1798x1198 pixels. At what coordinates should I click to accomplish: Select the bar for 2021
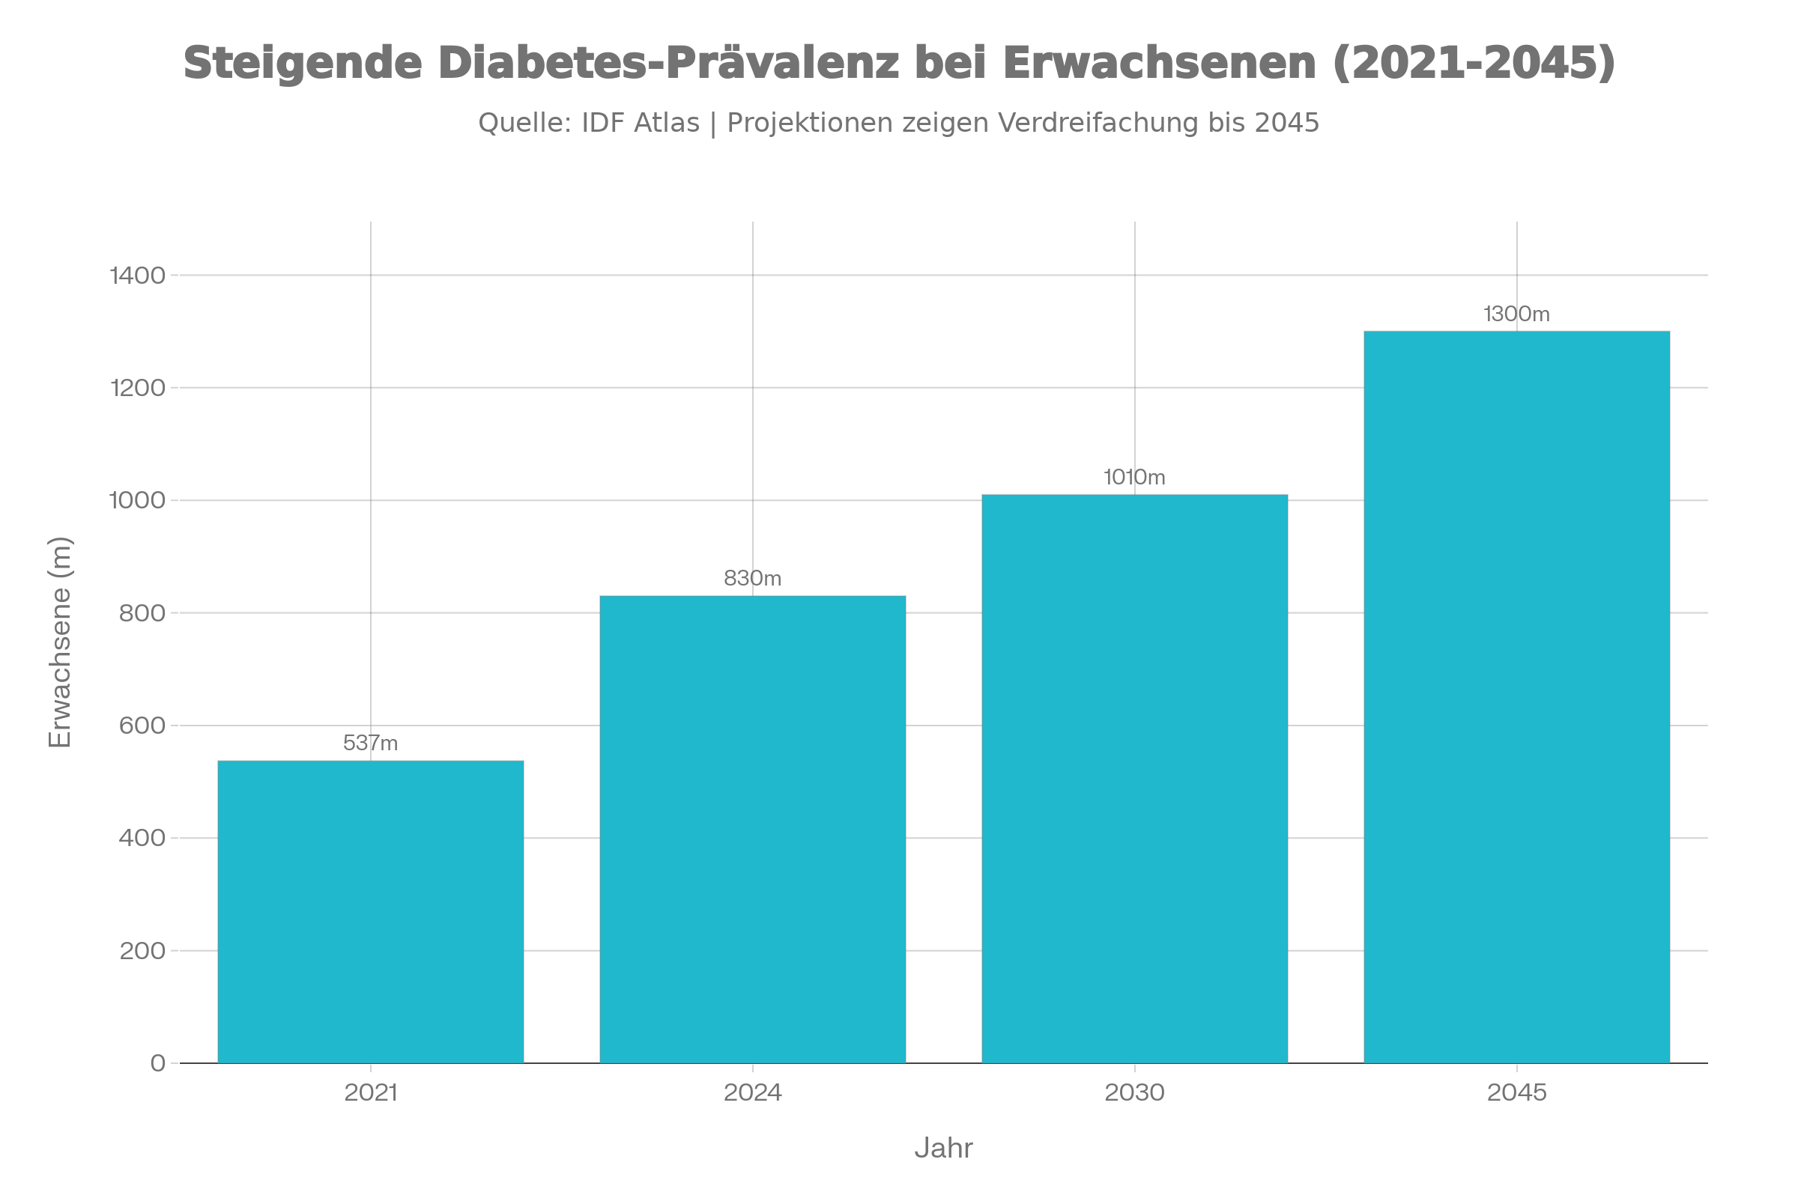[371, 910]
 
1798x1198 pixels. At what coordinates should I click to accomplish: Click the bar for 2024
[752, 829]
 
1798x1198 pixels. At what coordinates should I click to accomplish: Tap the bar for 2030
[1134, 778]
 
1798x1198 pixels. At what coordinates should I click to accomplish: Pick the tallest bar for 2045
[1516, 696]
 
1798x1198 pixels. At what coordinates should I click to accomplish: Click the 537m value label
[371, 743]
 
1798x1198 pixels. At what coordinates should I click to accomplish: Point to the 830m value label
[752, 578]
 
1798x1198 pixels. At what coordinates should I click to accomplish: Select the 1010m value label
[1134, 478]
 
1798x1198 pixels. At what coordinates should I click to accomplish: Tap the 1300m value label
[1516, 314]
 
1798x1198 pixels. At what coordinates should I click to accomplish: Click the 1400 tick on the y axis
[138, 276]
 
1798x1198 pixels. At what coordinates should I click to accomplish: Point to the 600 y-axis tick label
[142, 725]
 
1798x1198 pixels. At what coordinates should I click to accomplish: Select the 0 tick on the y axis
[157, 1062]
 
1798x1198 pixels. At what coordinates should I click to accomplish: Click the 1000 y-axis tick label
[138, 500]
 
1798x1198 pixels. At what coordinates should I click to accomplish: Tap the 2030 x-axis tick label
[1134, 1092]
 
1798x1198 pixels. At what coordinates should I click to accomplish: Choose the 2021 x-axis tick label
[371, 1092]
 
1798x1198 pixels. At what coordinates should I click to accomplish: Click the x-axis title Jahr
[943, 1149]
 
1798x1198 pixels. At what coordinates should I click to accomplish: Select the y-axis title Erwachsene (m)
[60, 642]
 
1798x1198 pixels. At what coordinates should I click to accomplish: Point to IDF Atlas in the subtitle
[641, 123]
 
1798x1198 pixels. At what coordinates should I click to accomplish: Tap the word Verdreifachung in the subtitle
[1098, 123]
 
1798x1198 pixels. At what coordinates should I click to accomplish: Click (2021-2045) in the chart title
[1474, 63]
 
